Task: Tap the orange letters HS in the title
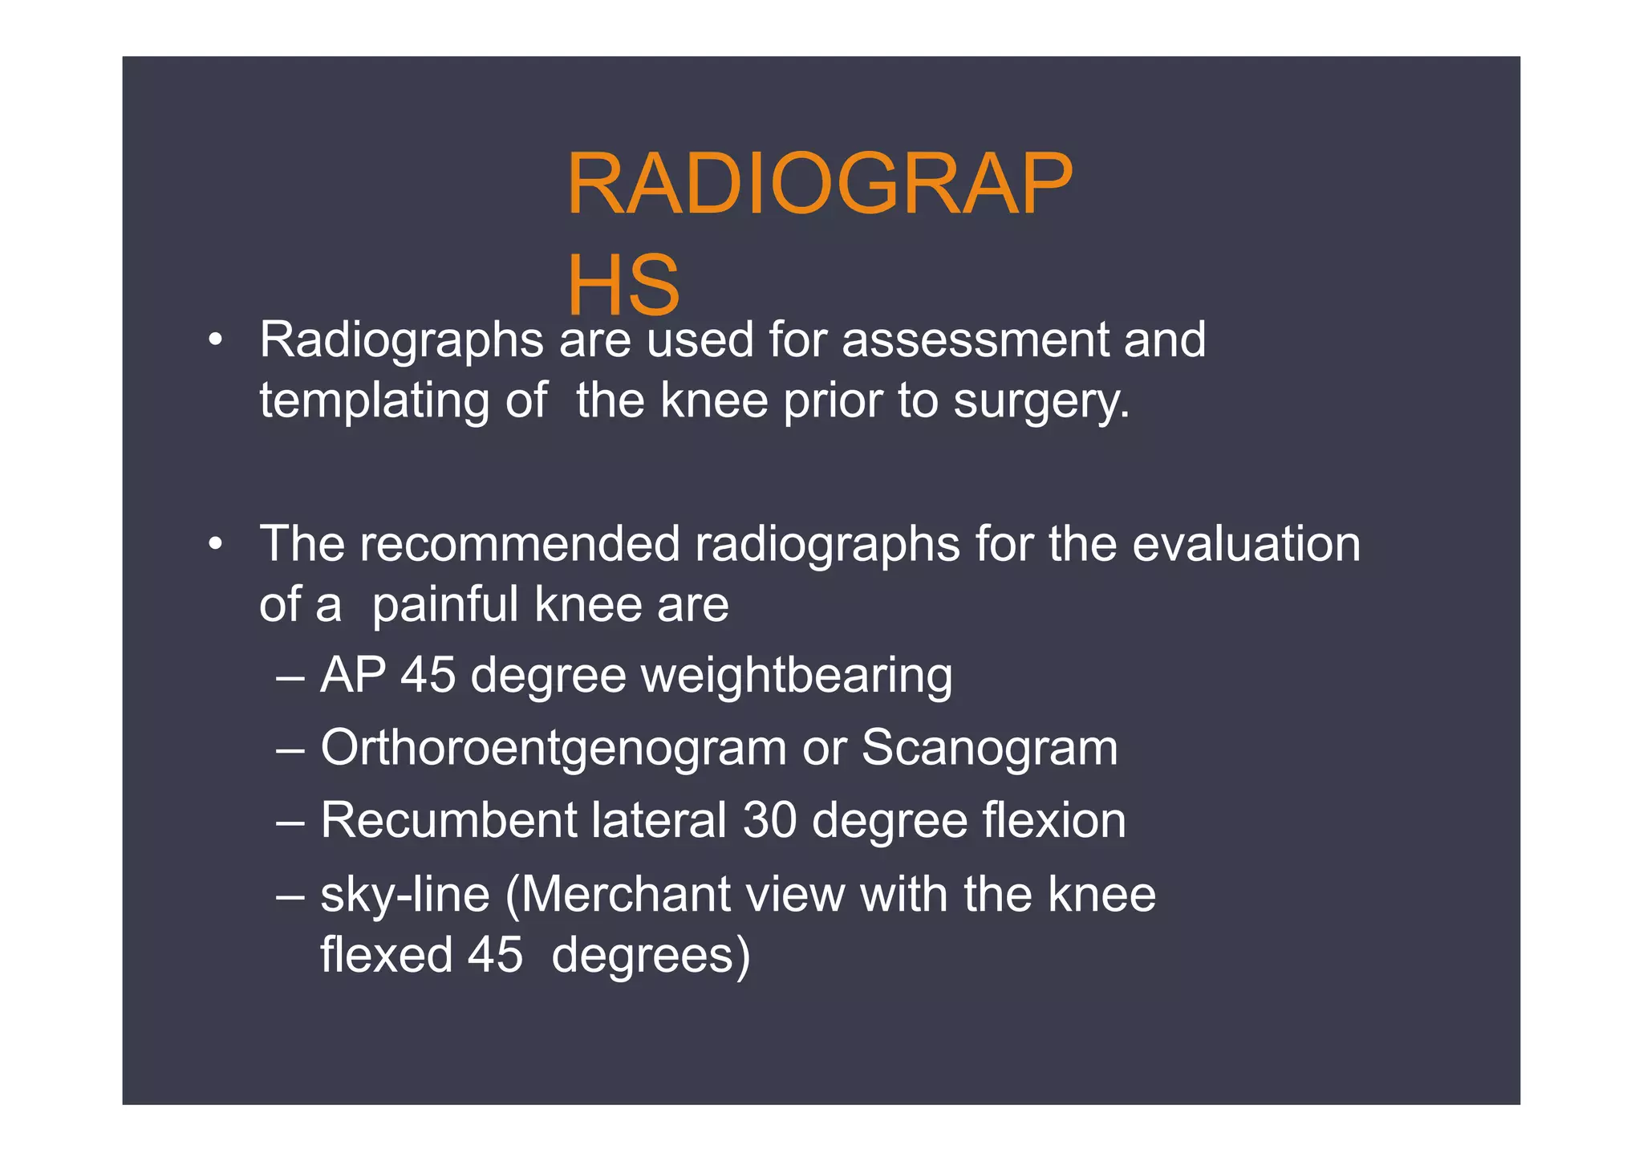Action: click(623, 286)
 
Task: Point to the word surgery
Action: click(1041, 400)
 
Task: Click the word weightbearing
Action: click(797, 676)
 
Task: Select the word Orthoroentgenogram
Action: click(554, 748)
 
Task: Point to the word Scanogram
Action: click(989, 748)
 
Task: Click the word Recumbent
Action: click(448, 820)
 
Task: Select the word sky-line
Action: click(405, 894)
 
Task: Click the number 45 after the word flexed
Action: click(495, 955)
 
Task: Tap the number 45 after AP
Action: click(428, 676)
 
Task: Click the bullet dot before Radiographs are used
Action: click(214, 340)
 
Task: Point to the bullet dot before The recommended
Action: click(214, 545)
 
